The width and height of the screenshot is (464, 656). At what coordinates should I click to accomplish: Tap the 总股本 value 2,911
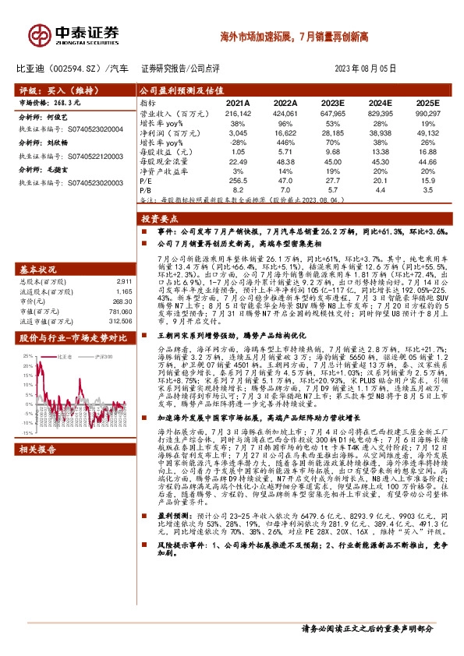click(121, 280)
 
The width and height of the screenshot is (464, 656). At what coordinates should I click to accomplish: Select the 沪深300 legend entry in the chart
click(100, 355)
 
